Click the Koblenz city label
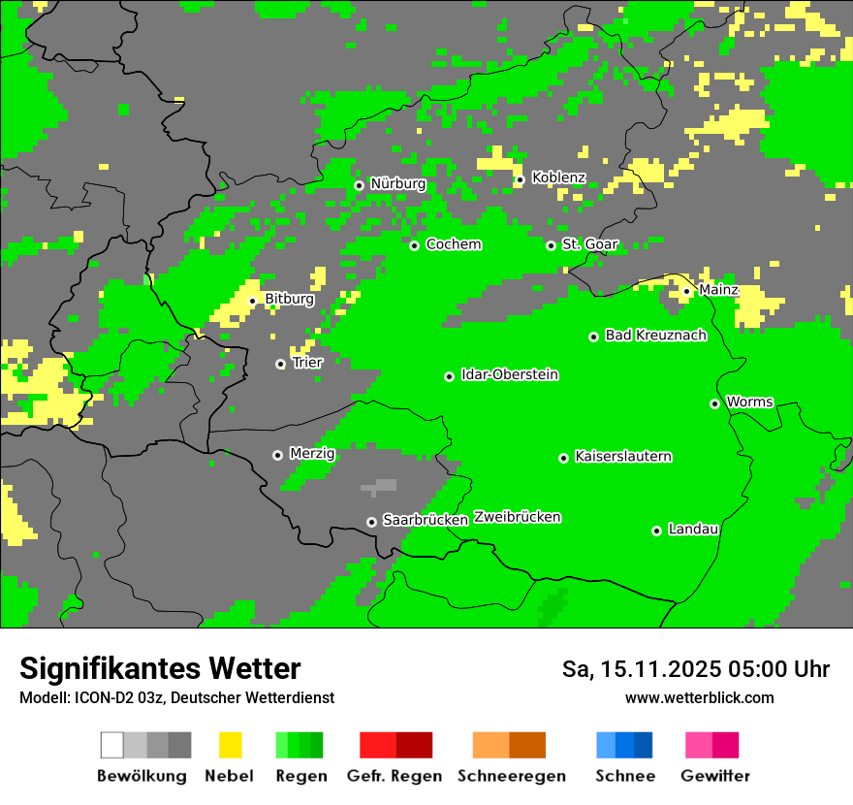558,177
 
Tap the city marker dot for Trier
281,364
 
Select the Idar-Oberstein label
509,374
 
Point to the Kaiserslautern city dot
563,458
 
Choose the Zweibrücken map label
518,517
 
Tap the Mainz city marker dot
686,291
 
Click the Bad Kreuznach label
655,335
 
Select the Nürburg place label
397,183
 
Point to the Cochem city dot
414,245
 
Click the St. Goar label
589,244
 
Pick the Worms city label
749,402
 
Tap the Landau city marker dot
656,531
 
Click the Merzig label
312,453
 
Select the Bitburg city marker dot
252,301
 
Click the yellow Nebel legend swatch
230,745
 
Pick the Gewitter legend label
715,776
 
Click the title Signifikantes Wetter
160,668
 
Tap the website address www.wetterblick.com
699,697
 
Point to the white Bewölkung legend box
112,745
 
